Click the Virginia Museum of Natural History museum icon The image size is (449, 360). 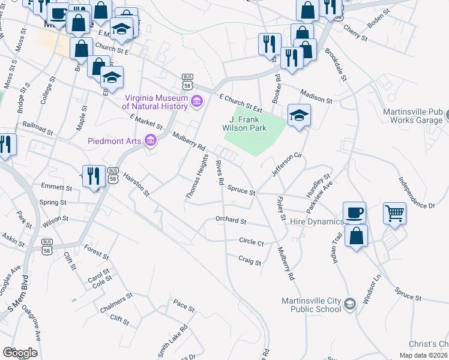pyautogui.click(x=196, y=104)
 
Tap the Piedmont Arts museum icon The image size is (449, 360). pyautogui.click(x=150, y=141)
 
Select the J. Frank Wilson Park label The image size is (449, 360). pyautogui.click(x=249, y=123)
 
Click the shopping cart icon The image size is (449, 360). pyautogui.click(x=394, y=212)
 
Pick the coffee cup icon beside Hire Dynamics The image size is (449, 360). pyautogui.click(x=354, y=212)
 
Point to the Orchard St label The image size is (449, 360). pyautogui.click(x=231, y=221)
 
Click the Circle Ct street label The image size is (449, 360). pyautogui.click(x=251, y=242)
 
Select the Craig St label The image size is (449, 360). pyautogui.click(x=249, y=262)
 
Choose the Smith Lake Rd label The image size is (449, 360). pyautogui.click(x=175, y=341)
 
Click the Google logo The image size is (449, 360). pyautogui.click(x=20, y=353)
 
